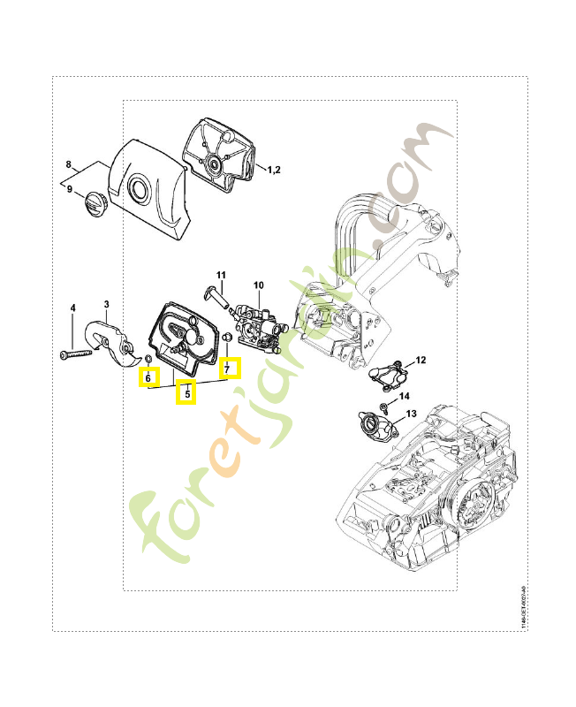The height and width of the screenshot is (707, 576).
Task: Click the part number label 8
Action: pyautogui.click(x=68, y=165)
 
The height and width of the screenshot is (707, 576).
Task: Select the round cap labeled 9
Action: pyautogui.click(x=93, y=202)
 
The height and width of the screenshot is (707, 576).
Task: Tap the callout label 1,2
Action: pyautogui.click(x=274, y=169)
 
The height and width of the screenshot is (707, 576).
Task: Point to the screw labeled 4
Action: pyautogui.click(x=77, y=354)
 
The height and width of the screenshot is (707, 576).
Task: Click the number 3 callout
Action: pyautogui.click(x=106, y=305)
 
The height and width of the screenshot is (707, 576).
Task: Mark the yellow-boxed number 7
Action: pyautogui.click(x=228, y=367)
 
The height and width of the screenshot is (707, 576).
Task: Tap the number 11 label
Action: pyautogui.click(x=221, y=275)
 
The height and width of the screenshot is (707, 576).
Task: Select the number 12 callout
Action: pyautogui.click(x=421, y=360)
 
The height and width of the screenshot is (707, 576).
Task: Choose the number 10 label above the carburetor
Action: pyautogui.click(x=259, y=285)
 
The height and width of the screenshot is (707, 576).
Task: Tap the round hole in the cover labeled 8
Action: pyautogui.click(x=139, y=187)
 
